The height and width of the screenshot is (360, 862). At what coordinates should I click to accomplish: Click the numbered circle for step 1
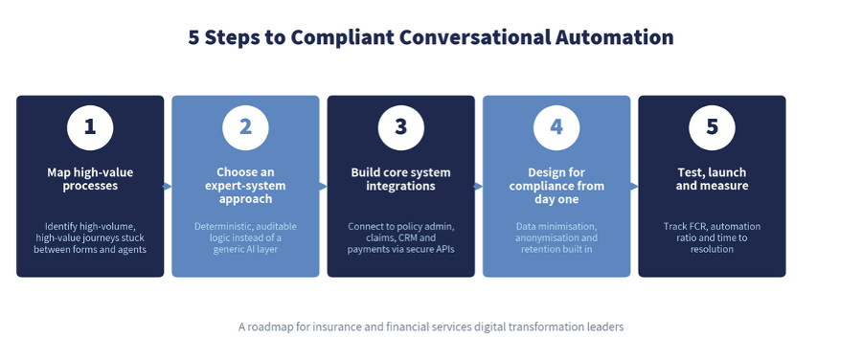90,127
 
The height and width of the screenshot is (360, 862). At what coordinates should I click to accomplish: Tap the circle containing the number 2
246,127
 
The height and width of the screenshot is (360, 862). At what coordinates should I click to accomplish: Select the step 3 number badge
400,127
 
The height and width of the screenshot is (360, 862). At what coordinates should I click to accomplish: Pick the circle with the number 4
556,127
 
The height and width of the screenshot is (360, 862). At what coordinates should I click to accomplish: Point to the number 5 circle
712,127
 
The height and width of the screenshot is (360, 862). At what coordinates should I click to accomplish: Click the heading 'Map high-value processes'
90,179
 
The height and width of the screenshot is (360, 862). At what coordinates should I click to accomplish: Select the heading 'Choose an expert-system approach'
246,186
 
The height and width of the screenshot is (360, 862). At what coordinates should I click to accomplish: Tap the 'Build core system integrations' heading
400,179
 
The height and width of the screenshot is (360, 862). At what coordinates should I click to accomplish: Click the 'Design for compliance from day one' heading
556,186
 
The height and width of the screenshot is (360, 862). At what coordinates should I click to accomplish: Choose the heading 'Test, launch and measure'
712,179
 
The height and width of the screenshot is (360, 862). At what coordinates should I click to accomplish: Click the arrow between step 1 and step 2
168,187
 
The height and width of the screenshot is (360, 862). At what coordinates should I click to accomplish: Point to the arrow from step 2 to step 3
324,187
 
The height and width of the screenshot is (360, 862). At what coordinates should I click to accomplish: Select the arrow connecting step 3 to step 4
479,187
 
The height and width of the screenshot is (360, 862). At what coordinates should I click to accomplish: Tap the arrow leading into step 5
634,187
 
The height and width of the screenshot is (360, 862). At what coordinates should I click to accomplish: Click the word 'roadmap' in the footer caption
268,327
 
